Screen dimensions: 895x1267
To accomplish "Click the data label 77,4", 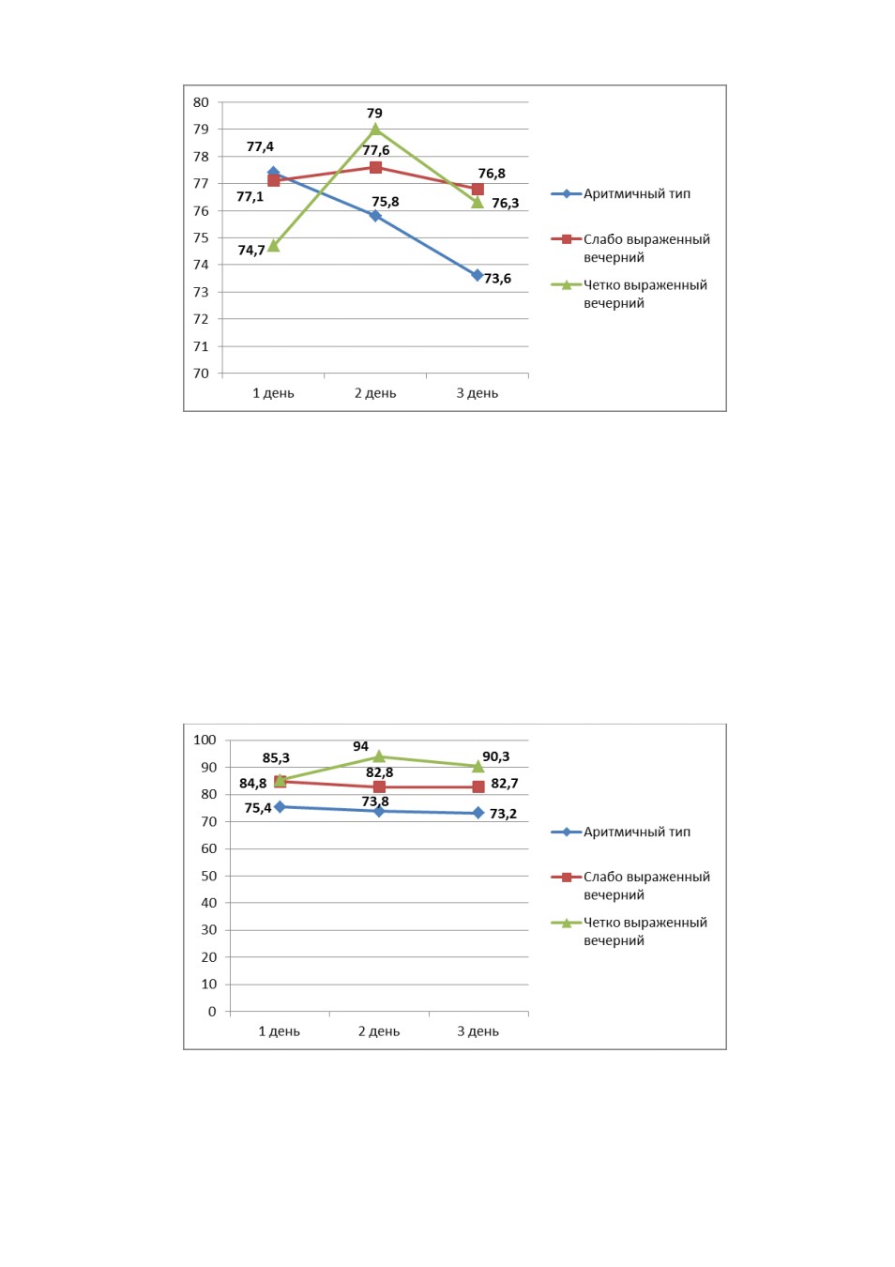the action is click(x=260, y=147).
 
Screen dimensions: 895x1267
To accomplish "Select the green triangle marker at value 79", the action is click(x=375, y=129).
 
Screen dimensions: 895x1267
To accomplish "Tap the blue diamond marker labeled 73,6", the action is click(x=478, y=276).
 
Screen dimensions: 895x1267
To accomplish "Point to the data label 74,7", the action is click(x=251, y=250).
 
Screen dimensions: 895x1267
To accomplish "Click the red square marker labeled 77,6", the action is click(x=375, y=167).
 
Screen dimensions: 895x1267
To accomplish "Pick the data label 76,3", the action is click(x=505, y=203).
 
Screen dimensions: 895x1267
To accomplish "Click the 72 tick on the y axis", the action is click(x=201, y=319).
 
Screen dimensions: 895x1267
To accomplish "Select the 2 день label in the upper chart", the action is click(x=375, y=393).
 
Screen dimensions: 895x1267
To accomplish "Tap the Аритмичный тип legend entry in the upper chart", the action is click(x=621, y=194).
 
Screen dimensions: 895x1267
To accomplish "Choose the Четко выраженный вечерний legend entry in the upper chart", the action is click(x=630, y=294).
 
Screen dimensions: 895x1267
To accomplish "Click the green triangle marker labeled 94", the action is click(x=379, y=756).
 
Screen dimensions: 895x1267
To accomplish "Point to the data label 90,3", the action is click(x=496, y=756).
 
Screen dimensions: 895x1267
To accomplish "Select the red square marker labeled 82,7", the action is click(x=478, y=786).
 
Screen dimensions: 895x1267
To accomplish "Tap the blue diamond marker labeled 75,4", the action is click(x=280, y=807).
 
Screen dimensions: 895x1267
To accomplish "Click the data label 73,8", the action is click(x=375, y=801).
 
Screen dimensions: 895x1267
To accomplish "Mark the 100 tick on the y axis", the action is click(x=205, y=740).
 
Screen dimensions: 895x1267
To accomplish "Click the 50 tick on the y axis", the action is click(x=208, y=876).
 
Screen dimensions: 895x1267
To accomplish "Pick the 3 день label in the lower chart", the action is click(x=478, y=1031).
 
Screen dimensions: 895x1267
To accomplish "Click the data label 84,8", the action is click(x=252, y=784).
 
